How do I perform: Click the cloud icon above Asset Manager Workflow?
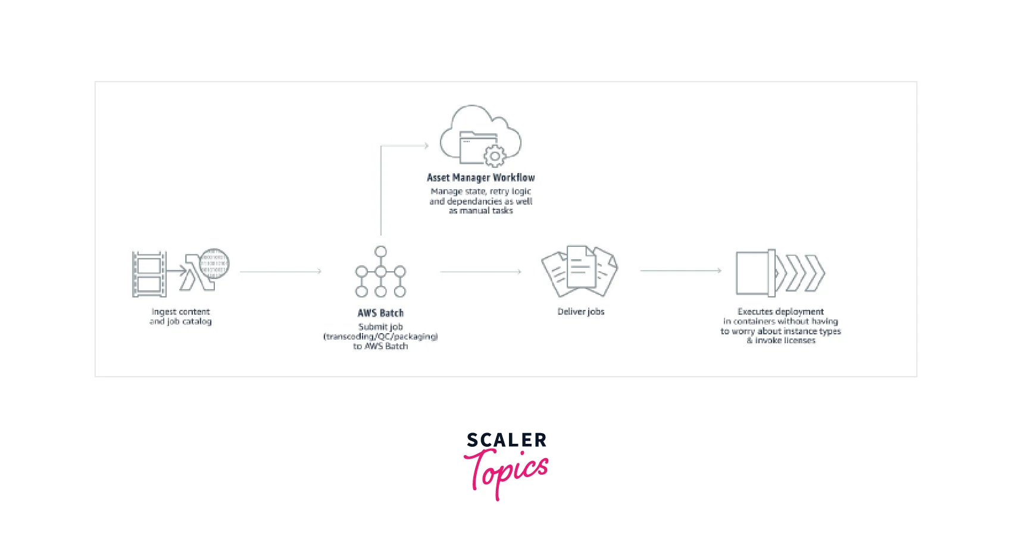pyautogui.click(x=480, y=135)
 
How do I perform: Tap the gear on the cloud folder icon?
pyautogui.click(x=494, y=156)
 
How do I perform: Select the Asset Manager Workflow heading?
pyautogui.click(x=480, y=177)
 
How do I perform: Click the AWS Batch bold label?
pyautogui.click(x=380, y=313)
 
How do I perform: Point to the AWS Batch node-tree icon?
pyautogui.click(x=380, y=272)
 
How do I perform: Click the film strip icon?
pyautogui.click(x=149, y=274)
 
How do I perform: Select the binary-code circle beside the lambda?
pyautogui.click(x=214, y=264)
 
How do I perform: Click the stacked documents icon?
pyautogui.click(x=579, y=271)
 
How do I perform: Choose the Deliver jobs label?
pyautogui.click(x=580, y=312)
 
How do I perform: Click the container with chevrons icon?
pyautogui.click(x=780, y=273)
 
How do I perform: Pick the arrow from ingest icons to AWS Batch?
pyautogui.click(x=280, y=271)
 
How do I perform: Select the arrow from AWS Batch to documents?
pyautogui.click(x=480, y=271)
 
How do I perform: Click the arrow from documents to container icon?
pyautogui.click(x=680, y=271)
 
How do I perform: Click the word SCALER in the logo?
pyautogui.click(x=507, y=440)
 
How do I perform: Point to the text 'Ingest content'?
pyautogui.click(x=180, y=312)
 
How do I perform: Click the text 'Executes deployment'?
pyautogui.click(x=780, y=312)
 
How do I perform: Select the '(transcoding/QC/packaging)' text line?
pyautogui.click(x=380, y=337)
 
